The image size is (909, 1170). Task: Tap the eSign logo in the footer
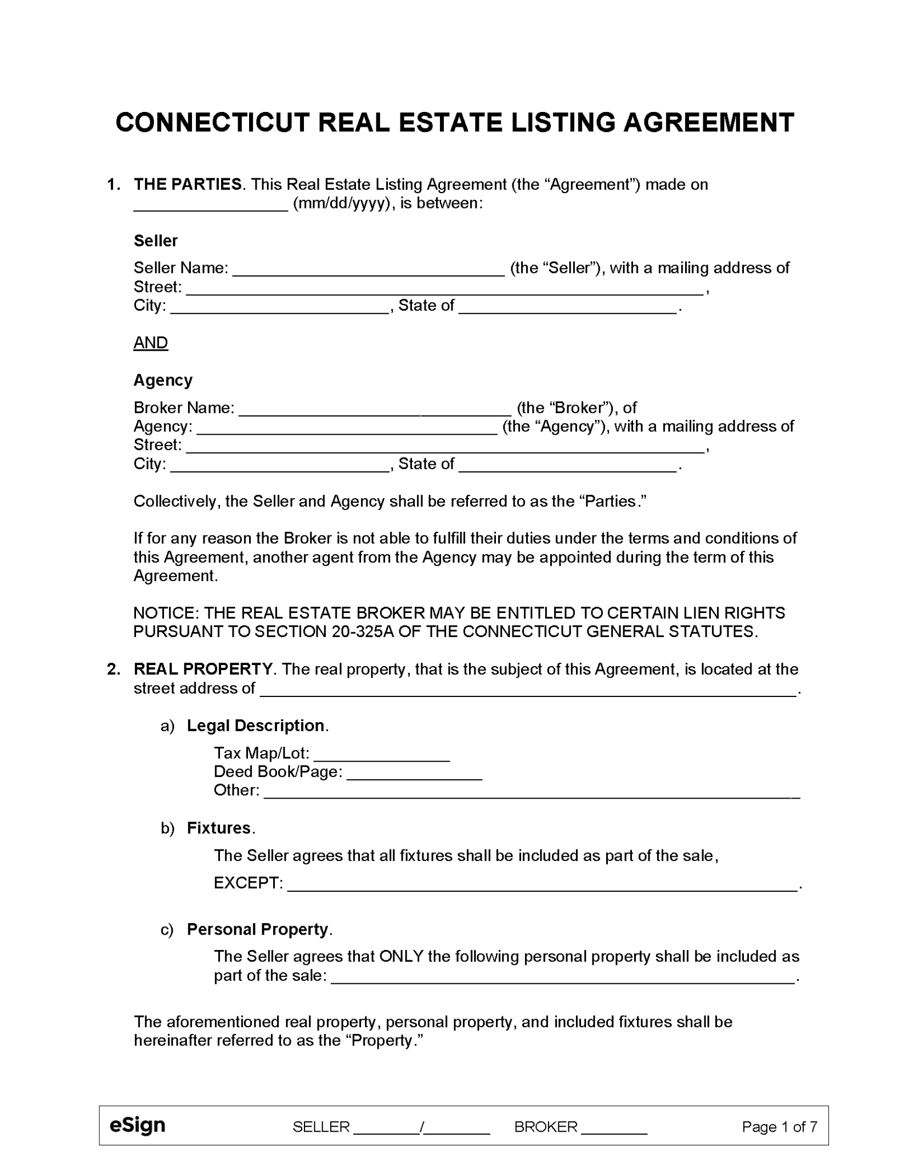[x=137, y=1125]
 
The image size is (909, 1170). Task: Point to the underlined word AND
[x=151, y=343]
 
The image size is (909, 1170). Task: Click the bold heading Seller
[x=155, y=241]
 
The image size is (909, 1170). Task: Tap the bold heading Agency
[x=163, y=380]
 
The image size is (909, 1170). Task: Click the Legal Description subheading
[x=256, y=726]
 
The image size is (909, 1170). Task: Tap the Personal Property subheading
[x=258, y=929]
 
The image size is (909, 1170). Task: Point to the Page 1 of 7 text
[x=779, y=1127]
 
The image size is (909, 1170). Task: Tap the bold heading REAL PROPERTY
[x=203, y=669]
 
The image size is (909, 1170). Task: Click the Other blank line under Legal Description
[x=531, y=792]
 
